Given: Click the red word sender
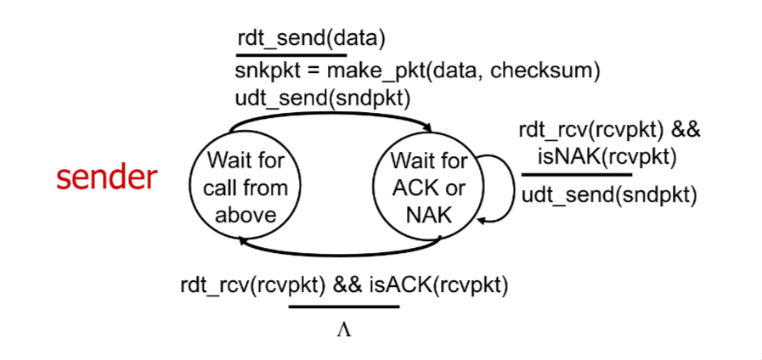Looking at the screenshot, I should coord(106,177).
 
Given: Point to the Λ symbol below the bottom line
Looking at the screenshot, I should coord(343,330).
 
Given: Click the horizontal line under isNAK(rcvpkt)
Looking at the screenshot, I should coord(576,174).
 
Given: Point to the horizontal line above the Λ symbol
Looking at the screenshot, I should coord(343,306).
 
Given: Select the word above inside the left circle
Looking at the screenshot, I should coord(246,214).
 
